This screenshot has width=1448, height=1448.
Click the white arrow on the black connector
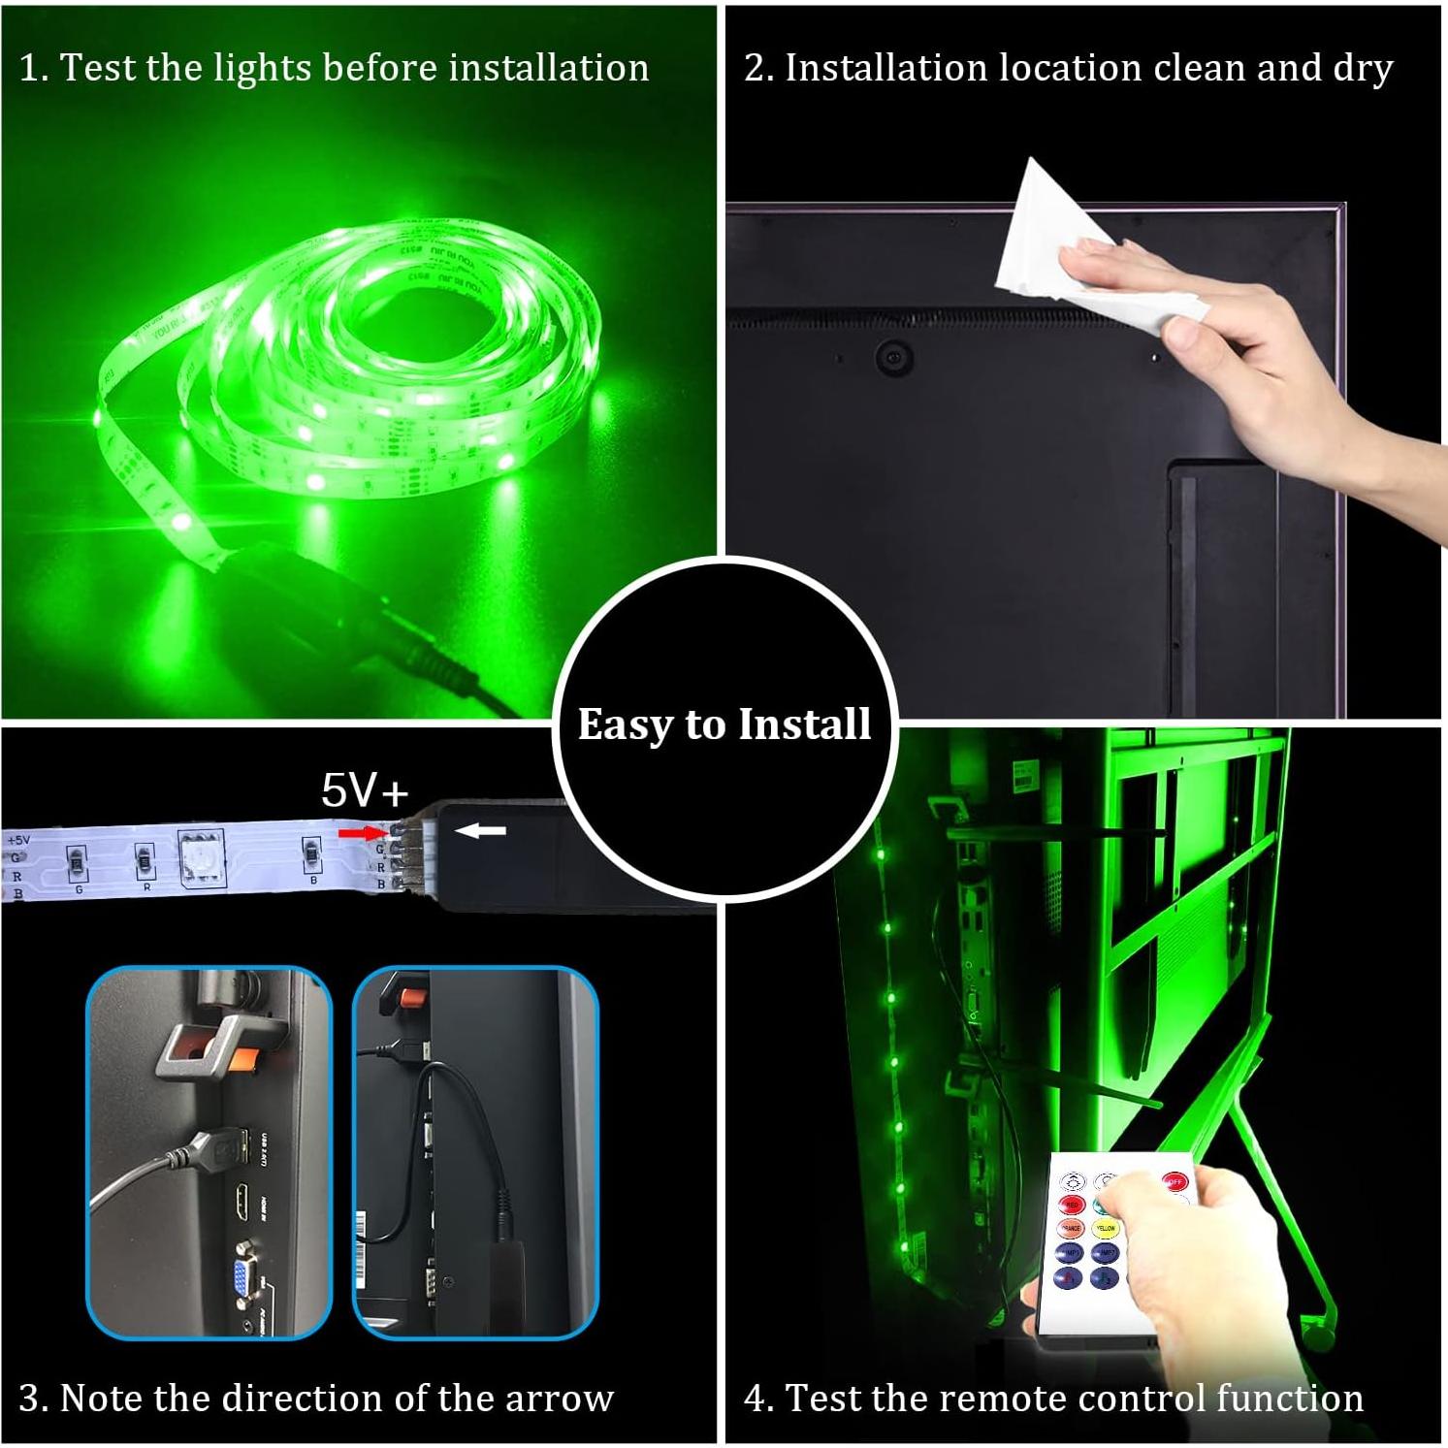coord(481,830)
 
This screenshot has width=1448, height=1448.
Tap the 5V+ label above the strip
coord(366,790)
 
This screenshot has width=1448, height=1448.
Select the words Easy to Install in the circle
coord(724,724)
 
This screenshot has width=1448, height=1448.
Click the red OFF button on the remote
coord(1174,1181)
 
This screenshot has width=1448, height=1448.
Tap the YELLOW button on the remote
coord(1106,1229)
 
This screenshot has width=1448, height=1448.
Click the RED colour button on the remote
coord(1071,1205)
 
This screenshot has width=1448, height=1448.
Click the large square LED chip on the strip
coord(202,855)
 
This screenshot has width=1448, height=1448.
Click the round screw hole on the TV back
coord(893,357)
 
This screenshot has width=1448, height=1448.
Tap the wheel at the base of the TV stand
coord(1316,1334)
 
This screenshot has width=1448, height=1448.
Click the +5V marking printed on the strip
coord(18,840)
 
